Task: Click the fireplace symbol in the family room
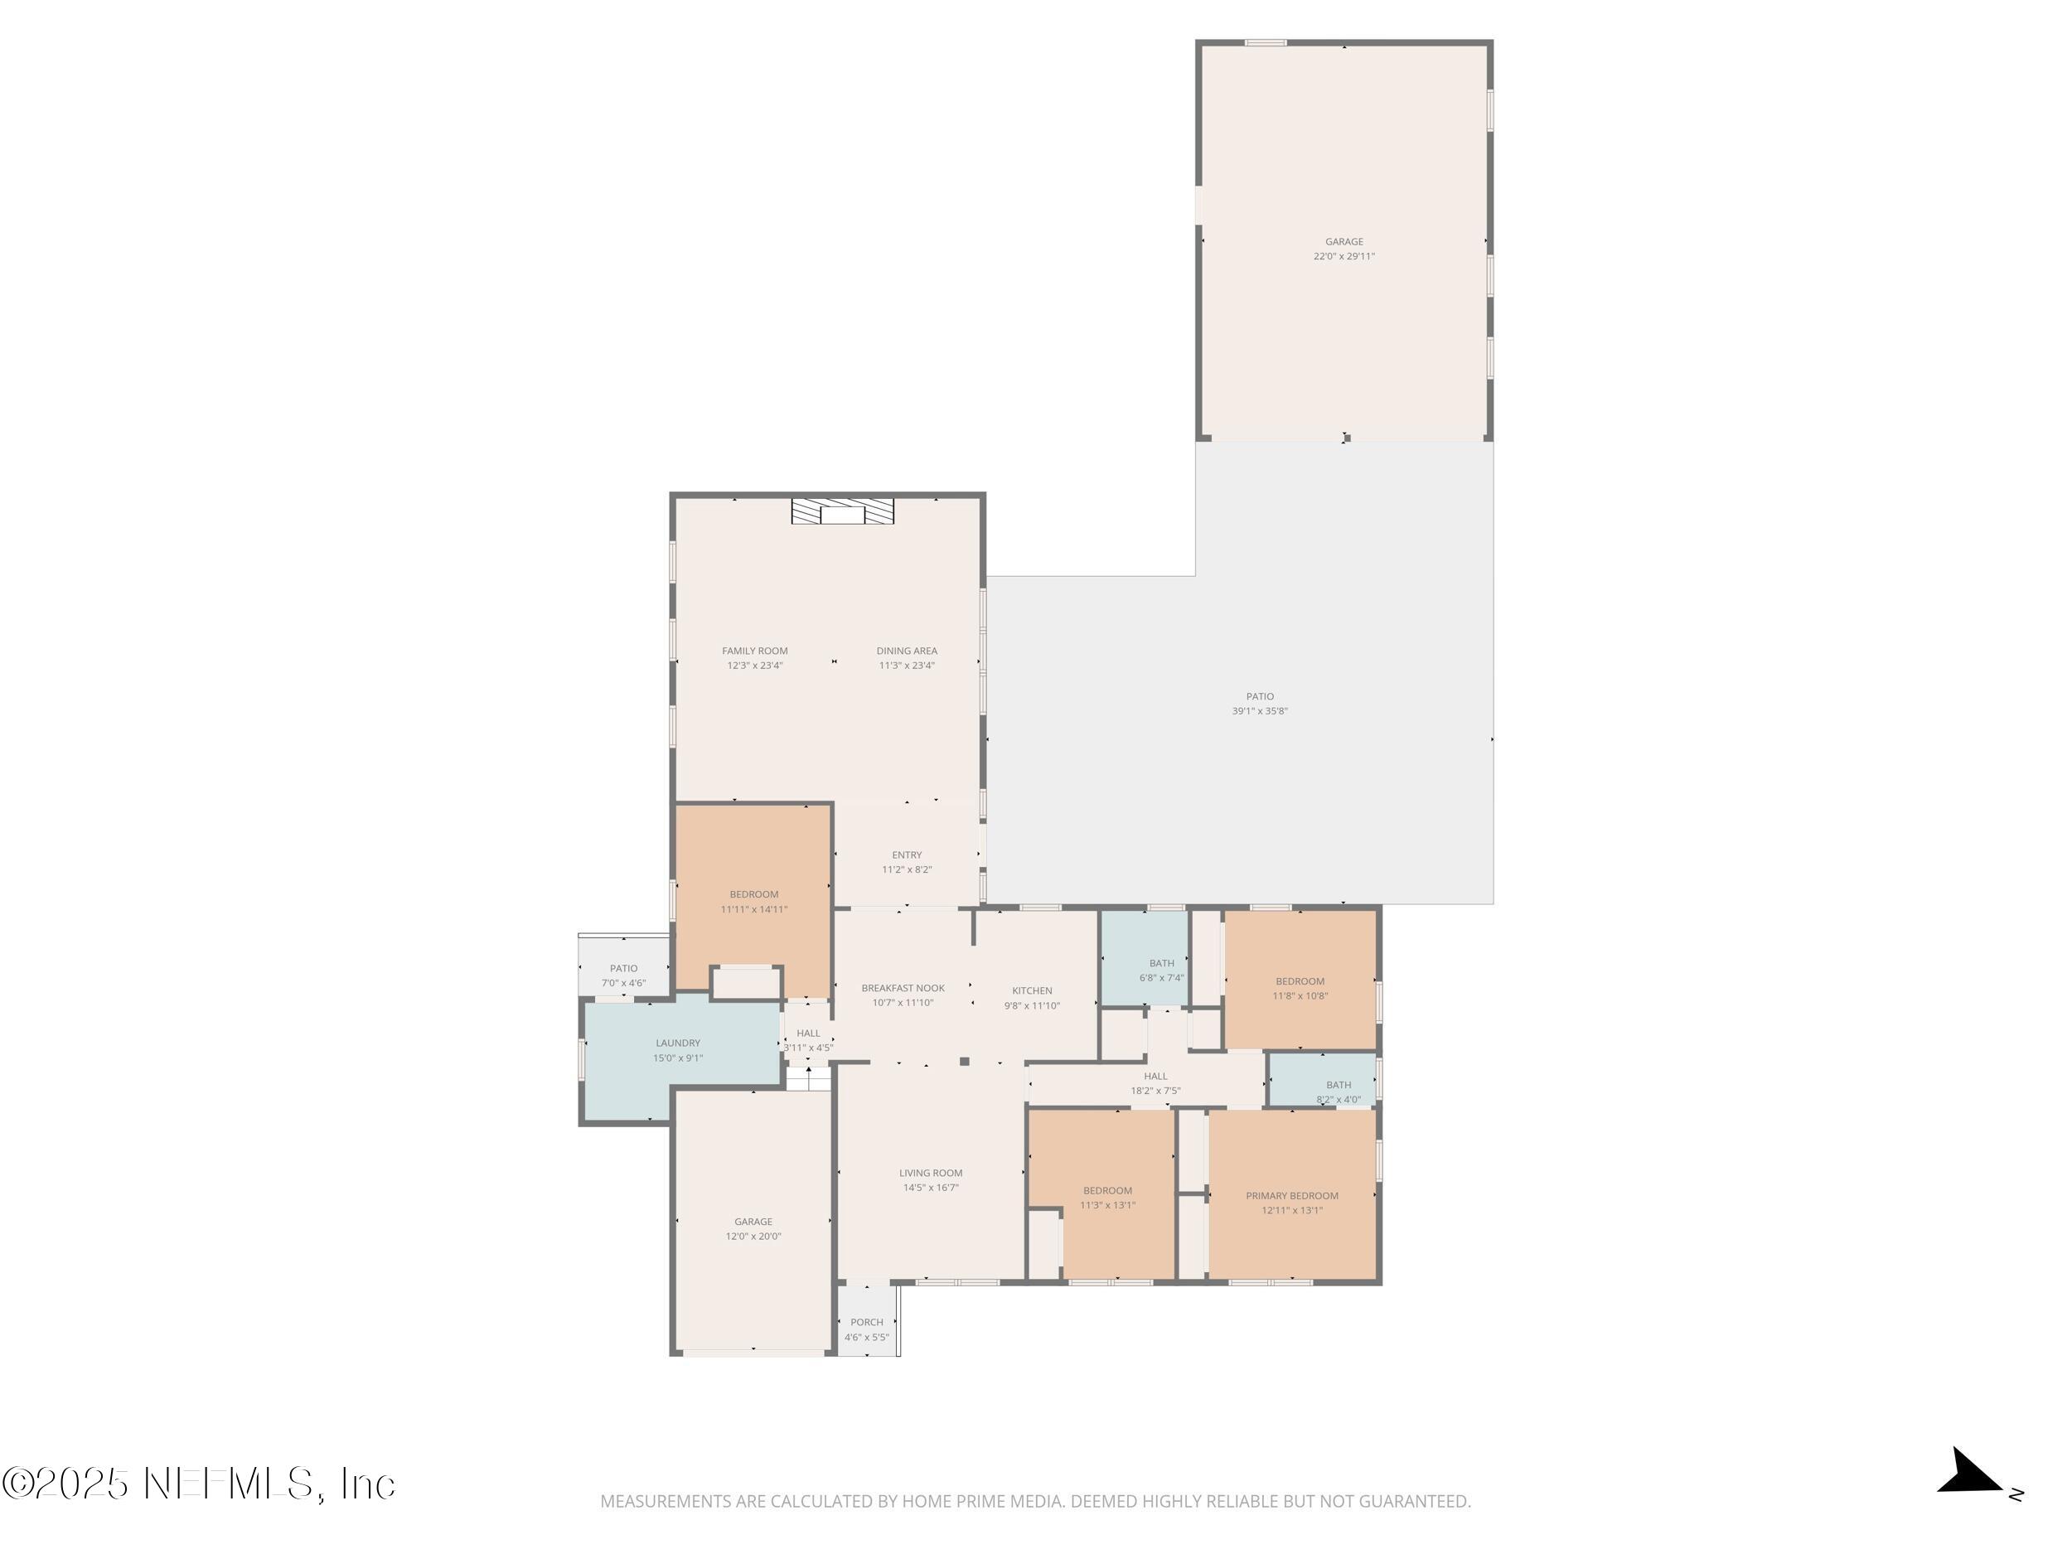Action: click(x=842, y=511)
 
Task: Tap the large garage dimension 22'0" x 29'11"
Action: click(x=1343, y=257)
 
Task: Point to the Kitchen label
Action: click(x=1031, y=990)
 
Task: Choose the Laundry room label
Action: click(x=677, y=1043)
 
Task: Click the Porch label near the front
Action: click(x=866, y=1323)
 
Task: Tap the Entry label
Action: click(x=906, y=855)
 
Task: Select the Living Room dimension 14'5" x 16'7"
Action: click(x=930, y=1188)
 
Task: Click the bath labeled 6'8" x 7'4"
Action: click(x=1161, y=971)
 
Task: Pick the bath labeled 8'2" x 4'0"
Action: click(x=1338, y=1092)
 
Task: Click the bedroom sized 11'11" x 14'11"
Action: click(x=753, y=902)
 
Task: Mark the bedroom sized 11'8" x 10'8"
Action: click(x=1300, y=989)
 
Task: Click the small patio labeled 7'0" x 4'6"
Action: click(x=623, y=976)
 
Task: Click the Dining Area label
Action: click(x=906, y=651)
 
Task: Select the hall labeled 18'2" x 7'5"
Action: click(x=1155, y=1084)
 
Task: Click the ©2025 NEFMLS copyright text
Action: click(x=199, y=1484)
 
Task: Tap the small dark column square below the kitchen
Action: click(x=964, y=1062)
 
